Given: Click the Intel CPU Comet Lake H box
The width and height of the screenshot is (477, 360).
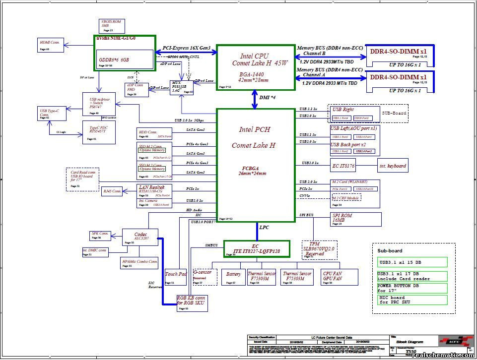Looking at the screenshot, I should [x=255, y=67].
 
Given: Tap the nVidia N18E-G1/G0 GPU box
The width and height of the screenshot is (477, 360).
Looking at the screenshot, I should [x=125, y=53].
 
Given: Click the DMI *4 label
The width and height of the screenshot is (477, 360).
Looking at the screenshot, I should [x=267, y=98].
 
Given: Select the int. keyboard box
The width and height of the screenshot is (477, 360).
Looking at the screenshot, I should [x=393, y=166].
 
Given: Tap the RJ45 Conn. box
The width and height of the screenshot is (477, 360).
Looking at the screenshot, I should [x=112, y=191].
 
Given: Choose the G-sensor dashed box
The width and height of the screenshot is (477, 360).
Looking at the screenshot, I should [x=205, y=277].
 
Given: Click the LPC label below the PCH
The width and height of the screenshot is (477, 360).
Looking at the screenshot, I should [x=264, y=227].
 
